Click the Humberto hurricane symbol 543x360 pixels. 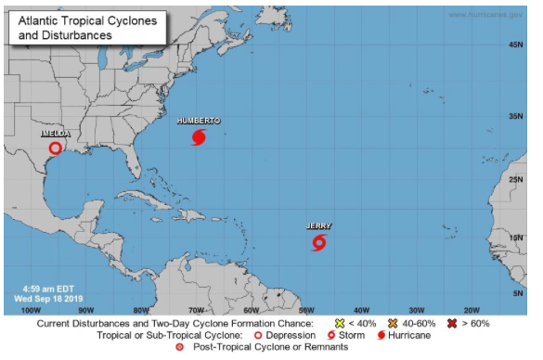tap(198, 137)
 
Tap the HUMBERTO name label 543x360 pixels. tap(198, 121)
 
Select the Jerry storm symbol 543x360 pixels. tap(318, 243)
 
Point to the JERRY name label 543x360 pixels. tap(318, 225)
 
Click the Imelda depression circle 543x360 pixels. tap(56, 148)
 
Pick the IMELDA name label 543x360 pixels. tap(55, 134)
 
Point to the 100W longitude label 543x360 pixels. tap(31, 309)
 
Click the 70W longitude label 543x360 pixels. tap(195, 309)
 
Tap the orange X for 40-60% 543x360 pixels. tap(393, 323)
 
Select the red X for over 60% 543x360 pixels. tap(451, 323)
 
